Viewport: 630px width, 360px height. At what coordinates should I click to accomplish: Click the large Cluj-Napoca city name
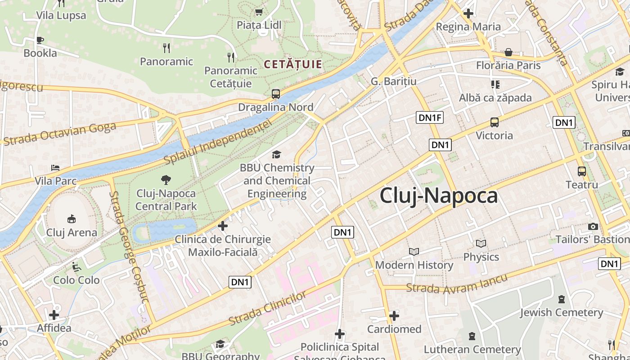tap(439, 196)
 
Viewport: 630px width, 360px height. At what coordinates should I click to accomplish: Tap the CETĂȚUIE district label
tap(293, 64)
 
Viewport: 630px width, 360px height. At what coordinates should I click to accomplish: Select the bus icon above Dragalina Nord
tap(276, 94)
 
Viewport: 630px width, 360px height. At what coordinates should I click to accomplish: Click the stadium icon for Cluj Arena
tap(72, 219)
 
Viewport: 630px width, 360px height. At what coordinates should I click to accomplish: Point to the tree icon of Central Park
tap(166, 180)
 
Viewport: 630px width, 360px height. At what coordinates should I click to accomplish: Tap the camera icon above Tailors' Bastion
tap(593, 226)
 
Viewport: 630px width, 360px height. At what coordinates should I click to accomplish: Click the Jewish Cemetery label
tap(562, 312)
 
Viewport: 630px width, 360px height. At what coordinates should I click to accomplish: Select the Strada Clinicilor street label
tap(268, 308)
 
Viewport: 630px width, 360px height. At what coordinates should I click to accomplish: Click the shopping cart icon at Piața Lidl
tap(259, 12)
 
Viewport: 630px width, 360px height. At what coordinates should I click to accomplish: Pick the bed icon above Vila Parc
tap(55, 168)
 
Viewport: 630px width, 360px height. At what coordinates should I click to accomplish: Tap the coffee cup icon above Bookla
tap(40, 40)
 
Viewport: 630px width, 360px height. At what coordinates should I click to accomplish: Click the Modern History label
tap(414, 265)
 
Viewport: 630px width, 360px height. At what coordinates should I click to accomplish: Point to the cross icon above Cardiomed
tap(394, 316)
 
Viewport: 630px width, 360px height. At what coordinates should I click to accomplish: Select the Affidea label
tap(54, 328)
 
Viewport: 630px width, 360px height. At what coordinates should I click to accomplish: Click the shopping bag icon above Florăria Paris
tap(508, 52)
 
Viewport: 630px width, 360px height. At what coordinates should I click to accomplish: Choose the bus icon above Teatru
tap(582, 171)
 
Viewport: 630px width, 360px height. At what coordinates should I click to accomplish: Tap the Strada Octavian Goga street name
tap(59, 133)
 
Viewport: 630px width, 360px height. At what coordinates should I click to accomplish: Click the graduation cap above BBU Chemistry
tap(276, 155)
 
